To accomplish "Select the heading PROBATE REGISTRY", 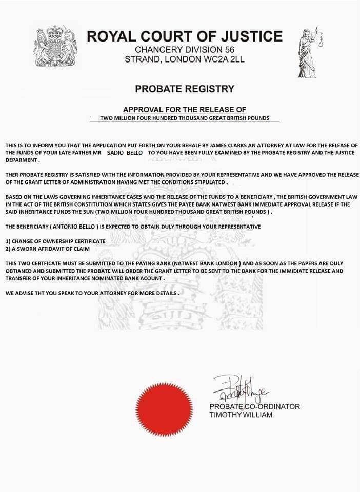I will [185, 89].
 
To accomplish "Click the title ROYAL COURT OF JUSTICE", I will [185, 36].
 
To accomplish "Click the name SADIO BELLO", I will [125, 153].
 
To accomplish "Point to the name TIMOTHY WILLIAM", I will [241, 414].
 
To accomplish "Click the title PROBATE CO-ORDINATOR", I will [254, 406].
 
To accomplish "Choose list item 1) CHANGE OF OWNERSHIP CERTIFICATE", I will [55, 241].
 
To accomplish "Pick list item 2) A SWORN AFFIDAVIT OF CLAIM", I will [48, 249].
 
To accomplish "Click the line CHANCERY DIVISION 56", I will [185, 50].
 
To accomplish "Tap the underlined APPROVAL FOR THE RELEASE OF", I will [185, 110].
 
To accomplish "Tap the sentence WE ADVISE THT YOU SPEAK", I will [92, 293].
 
